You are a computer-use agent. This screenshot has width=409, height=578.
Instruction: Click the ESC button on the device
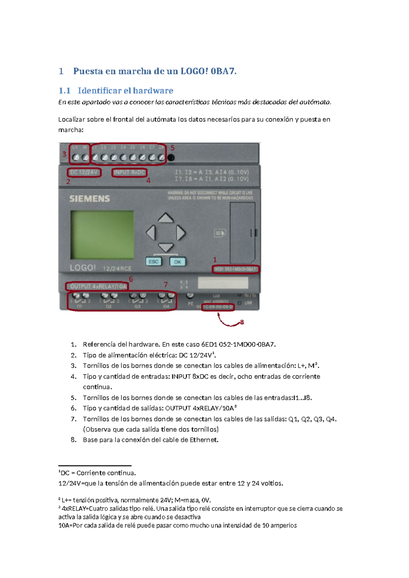click(153, 262)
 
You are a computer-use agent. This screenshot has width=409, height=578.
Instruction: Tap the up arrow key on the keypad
click(166, 218)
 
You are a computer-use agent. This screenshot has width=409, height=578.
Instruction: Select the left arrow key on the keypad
click(151, 233)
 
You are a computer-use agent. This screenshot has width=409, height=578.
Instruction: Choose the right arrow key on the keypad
click(181, 233)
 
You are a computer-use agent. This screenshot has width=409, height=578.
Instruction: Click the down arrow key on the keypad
click(166, 247)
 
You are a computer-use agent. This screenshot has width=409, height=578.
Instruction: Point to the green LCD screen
click(102, 235)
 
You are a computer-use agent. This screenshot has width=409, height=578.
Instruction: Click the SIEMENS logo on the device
click(90, 199)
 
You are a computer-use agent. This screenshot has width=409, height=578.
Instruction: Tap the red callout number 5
click(172, 148)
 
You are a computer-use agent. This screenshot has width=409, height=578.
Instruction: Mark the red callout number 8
click(242, 322)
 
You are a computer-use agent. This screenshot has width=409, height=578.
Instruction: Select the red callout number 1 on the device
click(215, 260)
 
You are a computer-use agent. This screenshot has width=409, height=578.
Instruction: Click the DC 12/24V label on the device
click(84, 172)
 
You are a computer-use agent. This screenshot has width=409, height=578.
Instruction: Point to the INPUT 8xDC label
click(129, 172)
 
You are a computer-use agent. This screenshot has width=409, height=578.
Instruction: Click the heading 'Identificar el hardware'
click(125, 91)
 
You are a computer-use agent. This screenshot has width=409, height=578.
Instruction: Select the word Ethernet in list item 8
click(203, 440)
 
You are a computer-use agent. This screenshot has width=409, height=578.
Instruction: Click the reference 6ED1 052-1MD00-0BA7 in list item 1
click(238, 345)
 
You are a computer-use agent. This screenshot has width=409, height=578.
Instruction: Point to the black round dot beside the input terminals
click(171, 157)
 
